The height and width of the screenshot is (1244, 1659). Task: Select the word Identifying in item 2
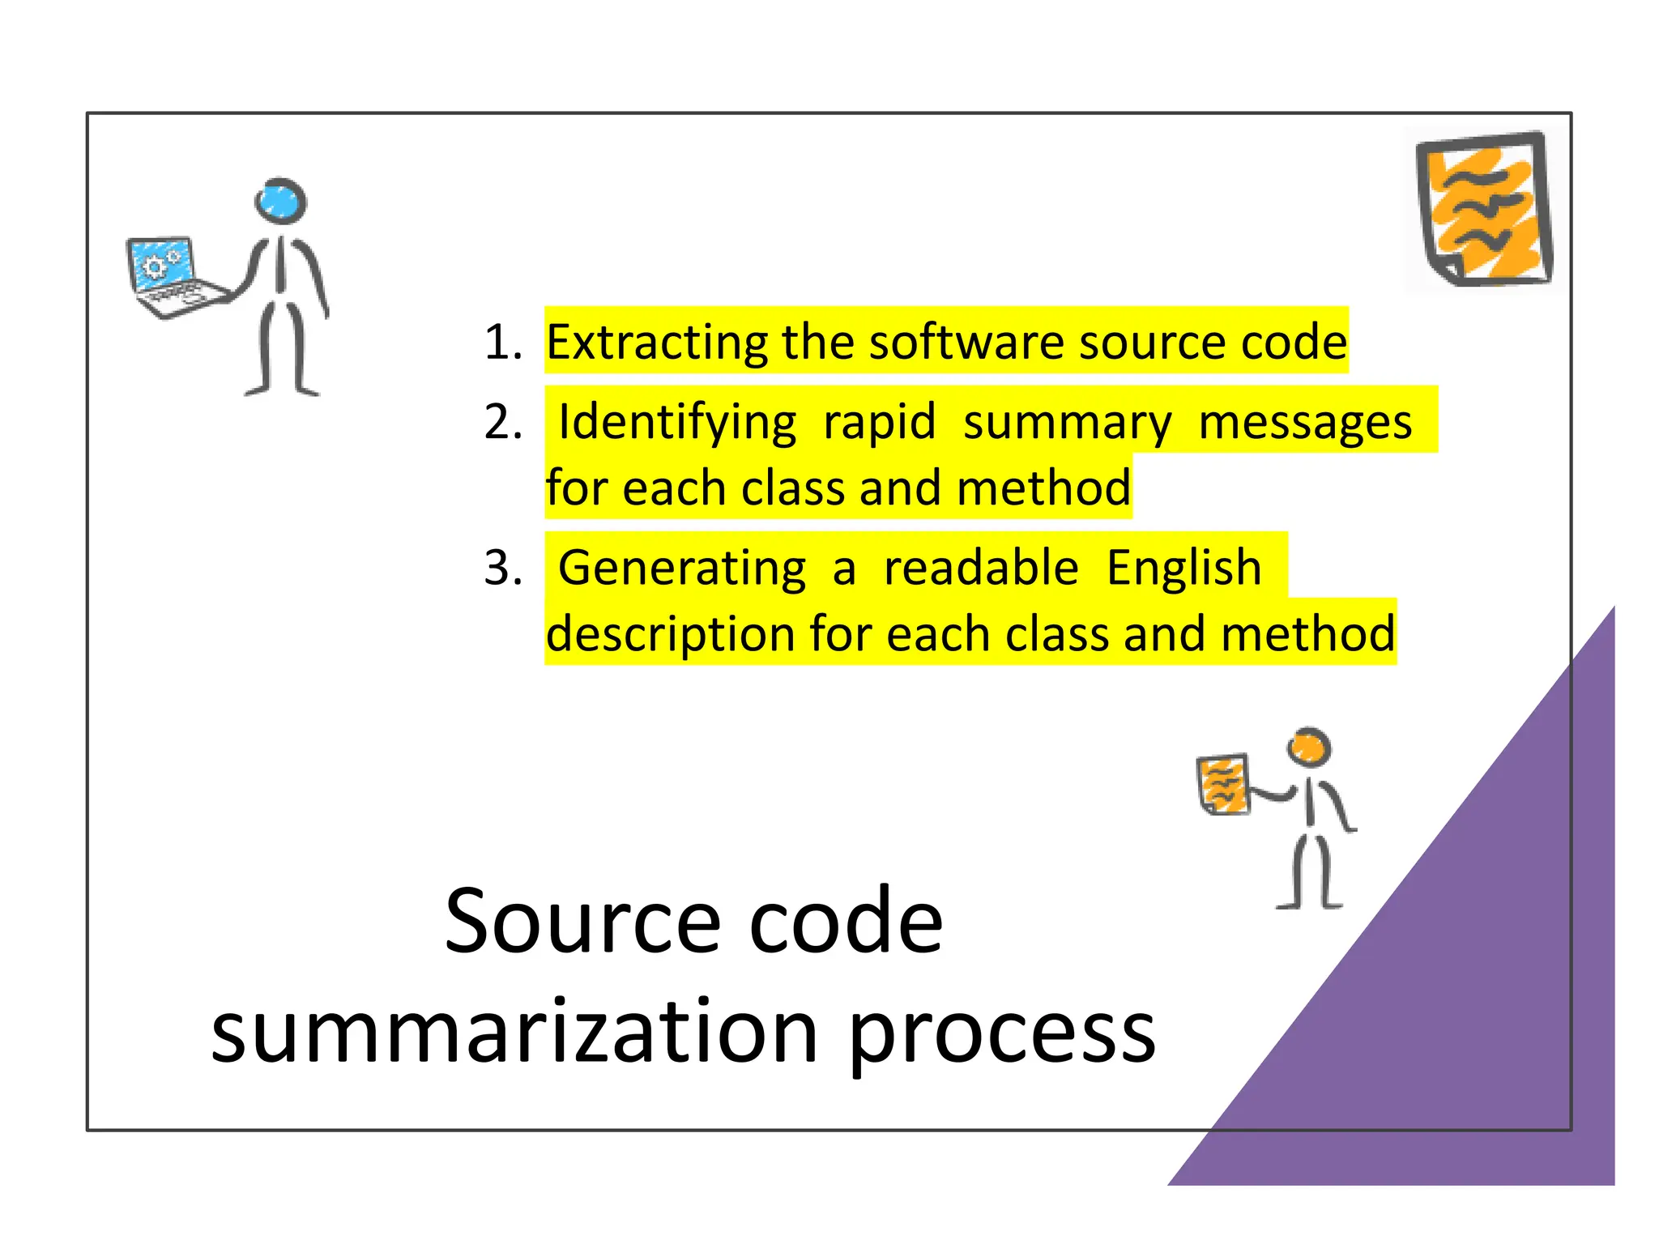pyautogui.click(x=677, y=422)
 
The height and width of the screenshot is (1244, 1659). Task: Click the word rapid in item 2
pyautogui.click(x=879, y=422)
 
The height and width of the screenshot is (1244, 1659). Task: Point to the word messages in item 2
pyautogui.click(x=1304, y=422)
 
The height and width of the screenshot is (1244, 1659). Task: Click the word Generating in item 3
pyautogui.click(x=681, y=568)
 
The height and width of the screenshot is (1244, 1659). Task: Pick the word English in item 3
pyautogui.click(x=1183, y=568)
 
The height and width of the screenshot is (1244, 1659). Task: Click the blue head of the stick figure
pyautogui.click(x=280, y=199)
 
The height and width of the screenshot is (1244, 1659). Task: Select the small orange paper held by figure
pyautogui.click(x=1222, y=784)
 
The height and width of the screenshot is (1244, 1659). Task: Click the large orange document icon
pyautogui.click(x=1483, y=209)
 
